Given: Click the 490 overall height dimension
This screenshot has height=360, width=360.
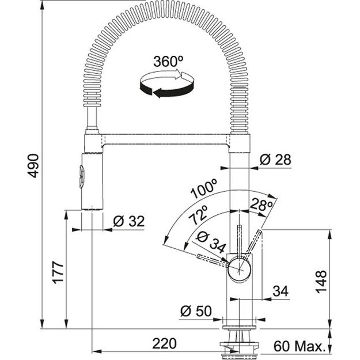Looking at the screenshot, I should pos(33,166).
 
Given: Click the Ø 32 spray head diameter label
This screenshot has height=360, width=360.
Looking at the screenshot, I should pos(128,220).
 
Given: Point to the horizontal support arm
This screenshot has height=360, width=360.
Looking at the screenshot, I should pos(167,140).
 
